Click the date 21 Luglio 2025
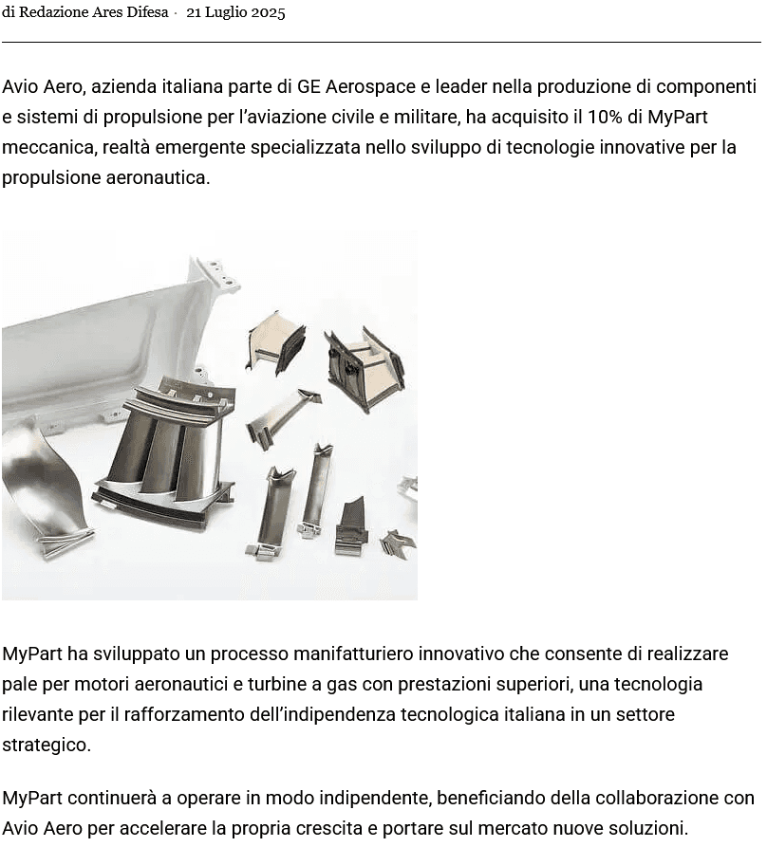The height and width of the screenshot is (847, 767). click(x=235, y=12)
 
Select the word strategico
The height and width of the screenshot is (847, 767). click(x=47, y=745)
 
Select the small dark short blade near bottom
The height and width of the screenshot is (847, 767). click(x=351, y=526)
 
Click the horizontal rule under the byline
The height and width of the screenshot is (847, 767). click(x=381, y=42)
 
